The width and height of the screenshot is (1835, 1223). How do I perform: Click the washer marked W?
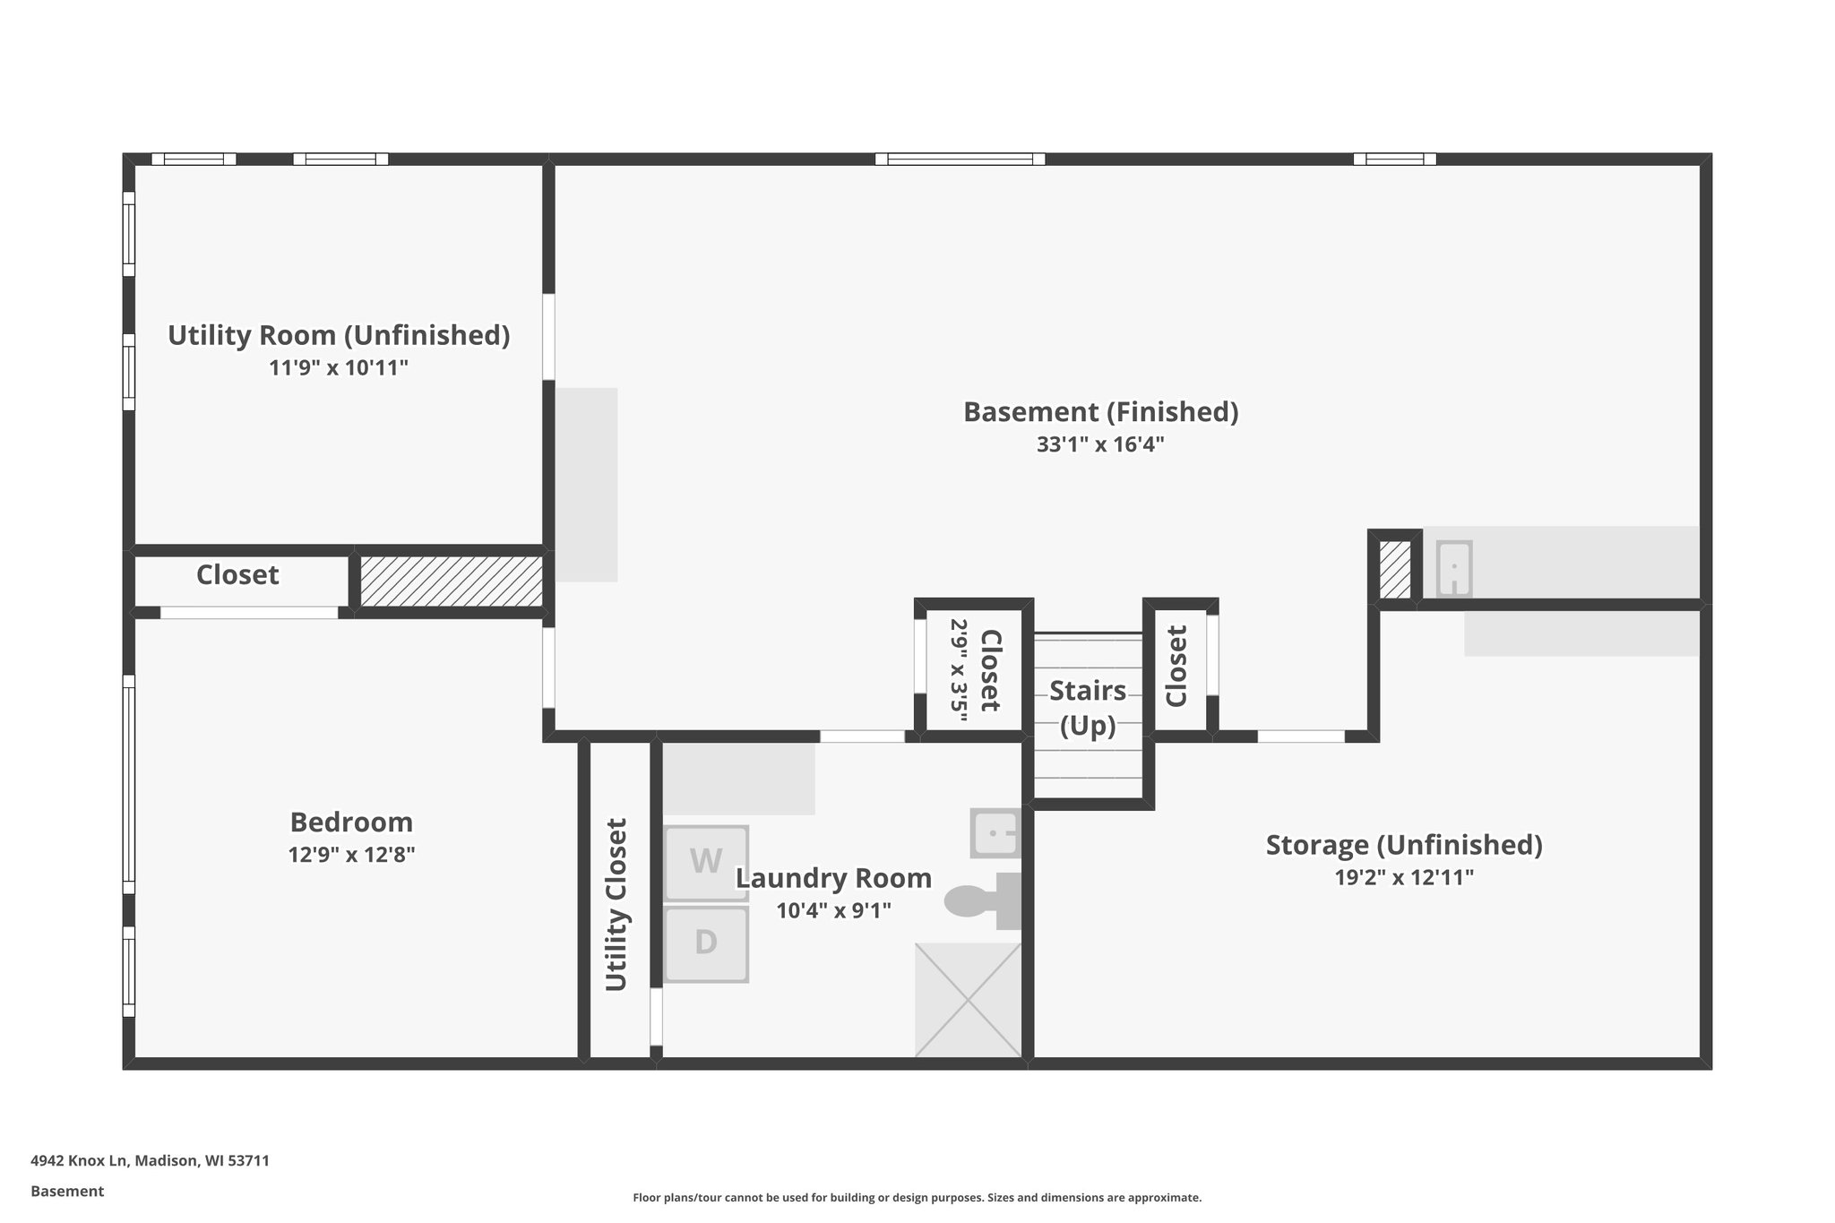pos(706,862)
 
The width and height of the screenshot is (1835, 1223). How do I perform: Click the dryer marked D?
pos(706,943)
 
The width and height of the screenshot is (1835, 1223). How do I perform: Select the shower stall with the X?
pos(968,1000)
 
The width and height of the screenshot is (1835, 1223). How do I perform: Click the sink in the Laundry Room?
pos(995,833)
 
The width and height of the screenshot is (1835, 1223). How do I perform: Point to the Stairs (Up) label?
pos(1088,708)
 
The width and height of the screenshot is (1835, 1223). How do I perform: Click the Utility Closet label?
pos(616,905)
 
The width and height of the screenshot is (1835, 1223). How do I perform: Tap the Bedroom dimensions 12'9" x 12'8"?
pos(351,855)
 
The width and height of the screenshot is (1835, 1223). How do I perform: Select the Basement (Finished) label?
pos(1100,412)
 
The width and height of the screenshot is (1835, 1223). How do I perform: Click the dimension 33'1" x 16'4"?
pos(1100,444)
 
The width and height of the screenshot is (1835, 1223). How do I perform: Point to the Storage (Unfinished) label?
pos(1403,845)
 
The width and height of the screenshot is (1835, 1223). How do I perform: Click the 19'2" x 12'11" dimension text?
pos(1404,877)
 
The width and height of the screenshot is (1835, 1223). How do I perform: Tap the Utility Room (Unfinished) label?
pos(339,335)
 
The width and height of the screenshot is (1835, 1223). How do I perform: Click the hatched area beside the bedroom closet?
pos(452,581)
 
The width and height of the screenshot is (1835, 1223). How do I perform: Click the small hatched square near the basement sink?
pos(1394,571)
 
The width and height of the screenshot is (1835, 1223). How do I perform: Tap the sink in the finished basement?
pos(1453,569)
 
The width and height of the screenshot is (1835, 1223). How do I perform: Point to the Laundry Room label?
pos(833,878)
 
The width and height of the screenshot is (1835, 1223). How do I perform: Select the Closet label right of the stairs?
pos(1176,666)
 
